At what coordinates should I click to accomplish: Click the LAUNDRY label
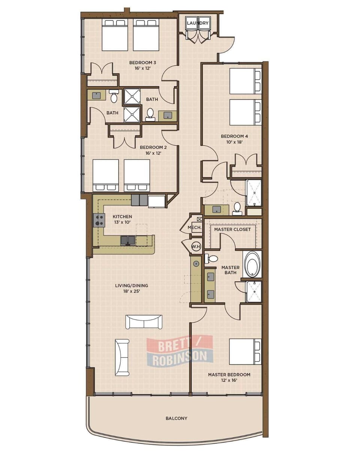click(197, 23)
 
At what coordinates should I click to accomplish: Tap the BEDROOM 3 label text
click(142, 63)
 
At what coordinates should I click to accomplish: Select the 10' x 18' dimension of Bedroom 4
click(234, 142)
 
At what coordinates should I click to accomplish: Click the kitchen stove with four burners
click(99, 220)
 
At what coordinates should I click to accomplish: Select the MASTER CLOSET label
click(232, 229)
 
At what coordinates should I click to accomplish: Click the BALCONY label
click(176, 418)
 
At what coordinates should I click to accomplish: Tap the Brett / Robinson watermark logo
click(180, 351)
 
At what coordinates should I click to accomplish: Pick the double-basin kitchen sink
click(127, 240)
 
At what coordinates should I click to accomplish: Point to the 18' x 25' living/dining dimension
click(132, 291)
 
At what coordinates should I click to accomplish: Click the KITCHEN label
click(122, 217)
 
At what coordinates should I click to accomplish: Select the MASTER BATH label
click(231, 270)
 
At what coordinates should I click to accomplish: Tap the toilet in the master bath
click(211, 258)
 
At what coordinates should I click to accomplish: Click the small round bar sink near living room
click(196, 263)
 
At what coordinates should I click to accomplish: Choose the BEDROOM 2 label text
click(153, 148)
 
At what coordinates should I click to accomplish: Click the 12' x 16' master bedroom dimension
click(229, 380)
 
